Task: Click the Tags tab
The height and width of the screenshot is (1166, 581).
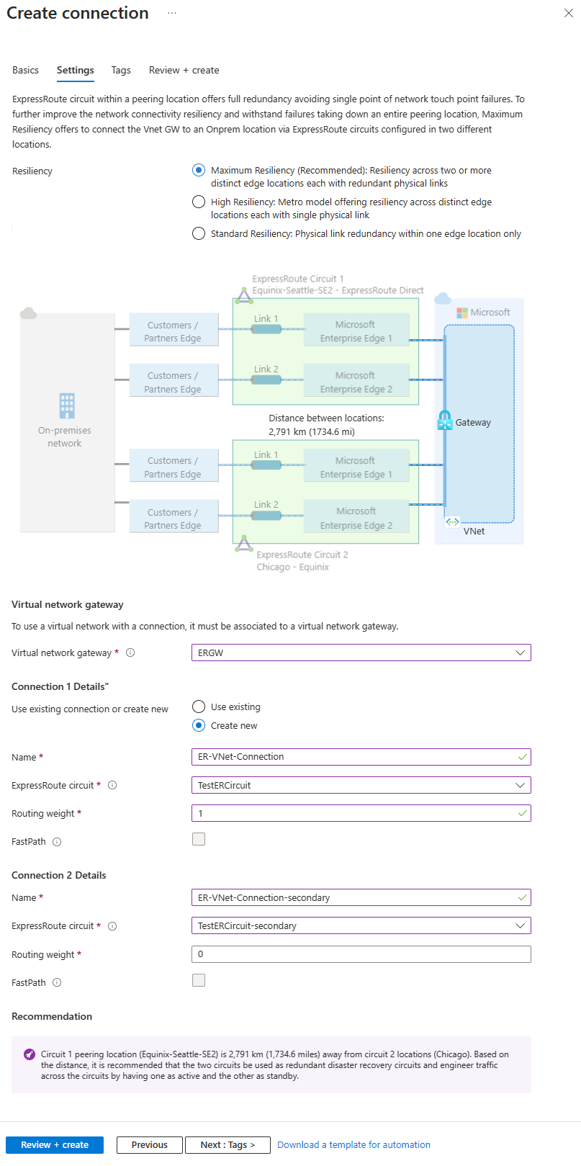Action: pos(121,70)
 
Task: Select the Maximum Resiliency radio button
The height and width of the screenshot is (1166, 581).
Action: pos(199,170)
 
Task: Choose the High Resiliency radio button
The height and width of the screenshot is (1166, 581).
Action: pos(199,202)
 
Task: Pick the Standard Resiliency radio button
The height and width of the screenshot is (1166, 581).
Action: pos(199,233)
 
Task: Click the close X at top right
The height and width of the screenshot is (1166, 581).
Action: pos(568,13)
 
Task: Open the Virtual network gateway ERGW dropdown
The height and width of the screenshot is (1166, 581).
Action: pos(361,652)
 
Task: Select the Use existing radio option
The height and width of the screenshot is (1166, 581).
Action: pos(199,707)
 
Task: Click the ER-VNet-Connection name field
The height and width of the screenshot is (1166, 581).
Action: pos(353,757)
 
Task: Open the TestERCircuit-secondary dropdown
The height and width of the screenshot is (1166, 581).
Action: pos(361,925)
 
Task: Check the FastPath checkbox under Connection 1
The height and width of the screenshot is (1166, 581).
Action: pos(199,839)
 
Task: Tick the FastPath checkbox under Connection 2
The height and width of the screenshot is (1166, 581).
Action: pos(199,980)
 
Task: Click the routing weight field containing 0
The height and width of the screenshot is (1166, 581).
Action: pos(361,954)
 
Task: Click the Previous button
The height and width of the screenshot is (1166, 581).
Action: pos(149,1144)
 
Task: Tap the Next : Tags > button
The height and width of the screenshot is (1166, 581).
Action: pos(228,1144)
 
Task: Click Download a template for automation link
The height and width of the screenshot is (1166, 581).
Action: pos(353,1144)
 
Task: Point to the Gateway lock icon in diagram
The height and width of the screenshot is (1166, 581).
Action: pos(445,421)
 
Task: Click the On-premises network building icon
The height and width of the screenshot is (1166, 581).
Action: pos(67,405)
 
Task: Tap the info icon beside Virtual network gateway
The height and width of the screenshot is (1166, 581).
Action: pos(130,652)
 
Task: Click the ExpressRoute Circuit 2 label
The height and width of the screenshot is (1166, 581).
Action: pos(302,555)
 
